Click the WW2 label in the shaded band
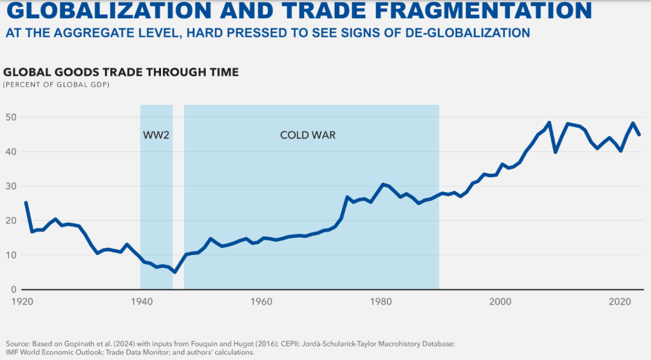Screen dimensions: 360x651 (x=156, y=135)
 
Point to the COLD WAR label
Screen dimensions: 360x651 (x=307, y=135)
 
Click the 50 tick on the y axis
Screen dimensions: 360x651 (x=10, y=118)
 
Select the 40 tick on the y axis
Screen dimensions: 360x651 (x=10, y=152)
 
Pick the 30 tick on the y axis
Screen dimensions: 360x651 (x=10, y=186)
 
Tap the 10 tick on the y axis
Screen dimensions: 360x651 (x=10, y=255)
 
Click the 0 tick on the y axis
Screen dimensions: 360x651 (x=12, y=289)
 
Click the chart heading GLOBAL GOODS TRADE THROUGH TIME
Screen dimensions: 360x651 (x=121, y=73)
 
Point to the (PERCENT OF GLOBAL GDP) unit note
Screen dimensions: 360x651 (x=56, y=85)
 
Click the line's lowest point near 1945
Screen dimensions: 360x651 (x=174, y=272)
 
